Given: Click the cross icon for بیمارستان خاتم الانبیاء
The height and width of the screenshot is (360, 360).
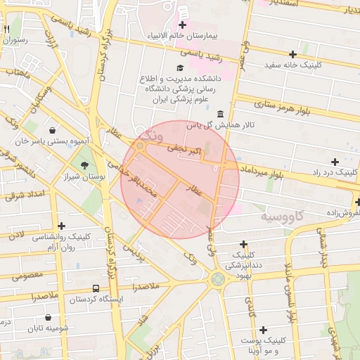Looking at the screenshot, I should pos(182,25).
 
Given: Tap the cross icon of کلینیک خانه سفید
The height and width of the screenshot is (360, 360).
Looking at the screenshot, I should pos(293,54).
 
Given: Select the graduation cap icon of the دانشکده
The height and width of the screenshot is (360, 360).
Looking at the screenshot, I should pos(179,68).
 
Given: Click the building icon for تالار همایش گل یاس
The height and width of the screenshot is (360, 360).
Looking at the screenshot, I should pos(221,114).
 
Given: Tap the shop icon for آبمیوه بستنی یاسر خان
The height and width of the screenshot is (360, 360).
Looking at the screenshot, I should pos(53,130).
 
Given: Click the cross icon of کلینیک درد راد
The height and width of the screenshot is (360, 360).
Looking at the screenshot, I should pos(335,162).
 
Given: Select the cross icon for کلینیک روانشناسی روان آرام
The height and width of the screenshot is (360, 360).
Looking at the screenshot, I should pos(63,226).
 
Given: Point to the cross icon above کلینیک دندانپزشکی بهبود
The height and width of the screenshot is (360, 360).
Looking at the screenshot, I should pos(243,244).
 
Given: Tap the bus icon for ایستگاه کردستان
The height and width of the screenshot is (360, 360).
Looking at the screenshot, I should pos(96,289).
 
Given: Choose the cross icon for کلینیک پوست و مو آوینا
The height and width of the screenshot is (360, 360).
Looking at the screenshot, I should pos(263,330).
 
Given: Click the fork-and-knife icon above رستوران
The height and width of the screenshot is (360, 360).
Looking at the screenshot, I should pos(7,30).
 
